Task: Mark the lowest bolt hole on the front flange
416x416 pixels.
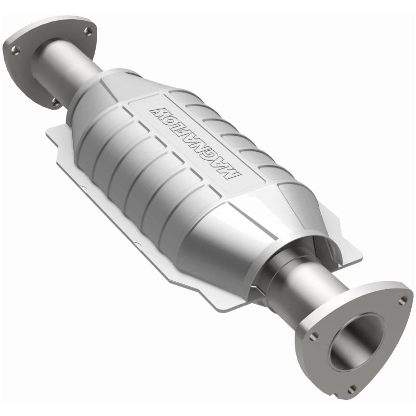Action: point(353,387)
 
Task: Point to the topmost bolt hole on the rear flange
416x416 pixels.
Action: point(86,31)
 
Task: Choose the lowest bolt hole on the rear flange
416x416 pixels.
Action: point(55,102)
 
